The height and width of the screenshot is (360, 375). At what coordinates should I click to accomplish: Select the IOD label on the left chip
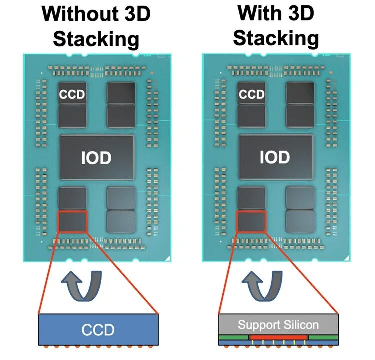click(x=96, y=158)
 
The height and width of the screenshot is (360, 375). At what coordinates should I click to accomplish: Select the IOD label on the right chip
click(x=275, y=158)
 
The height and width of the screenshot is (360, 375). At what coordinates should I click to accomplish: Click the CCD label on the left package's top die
click(x=72, y=94)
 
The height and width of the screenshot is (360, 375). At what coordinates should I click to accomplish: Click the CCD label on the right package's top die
click(x=251, y=94)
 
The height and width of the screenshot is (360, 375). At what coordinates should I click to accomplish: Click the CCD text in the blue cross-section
click(x=98, y=330)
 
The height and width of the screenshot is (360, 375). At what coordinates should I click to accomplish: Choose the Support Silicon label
click(x=278, y=325)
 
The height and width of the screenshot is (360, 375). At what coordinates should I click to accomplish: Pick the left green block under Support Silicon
click(x=234, y=338)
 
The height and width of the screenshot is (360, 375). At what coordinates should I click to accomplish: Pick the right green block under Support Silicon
click(x=323, y=338)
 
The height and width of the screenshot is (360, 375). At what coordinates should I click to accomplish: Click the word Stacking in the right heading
click(x=276, y=38)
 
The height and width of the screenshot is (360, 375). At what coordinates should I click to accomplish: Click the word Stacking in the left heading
click(x=96, y=38)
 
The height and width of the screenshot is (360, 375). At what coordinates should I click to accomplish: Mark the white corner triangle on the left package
click(x=168, y=258)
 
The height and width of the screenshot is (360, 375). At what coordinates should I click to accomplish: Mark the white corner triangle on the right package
click(x=347, y=258)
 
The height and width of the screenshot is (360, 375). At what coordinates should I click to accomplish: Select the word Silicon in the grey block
click(x=300, y=325)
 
